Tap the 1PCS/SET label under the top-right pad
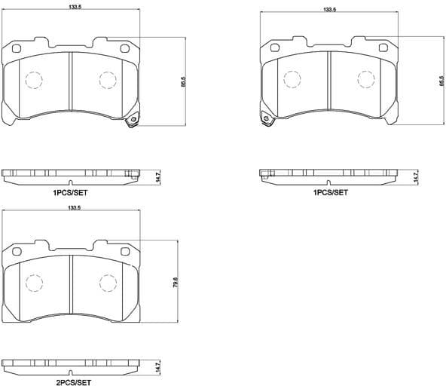[x=331, y=193]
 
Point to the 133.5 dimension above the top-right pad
[x=328, y=10]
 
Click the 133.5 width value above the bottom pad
[x=74, y=208]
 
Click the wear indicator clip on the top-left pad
[x=133, y=121]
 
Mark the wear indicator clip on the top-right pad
[x=266, y=121]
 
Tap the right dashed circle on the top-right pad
[x=366, y=79]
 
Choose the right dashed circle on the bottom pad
[x=108, y=283]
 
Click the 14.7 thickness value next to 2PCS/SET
[x=157, y=367]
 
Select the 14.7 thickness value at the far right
[x=415, y=177]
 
